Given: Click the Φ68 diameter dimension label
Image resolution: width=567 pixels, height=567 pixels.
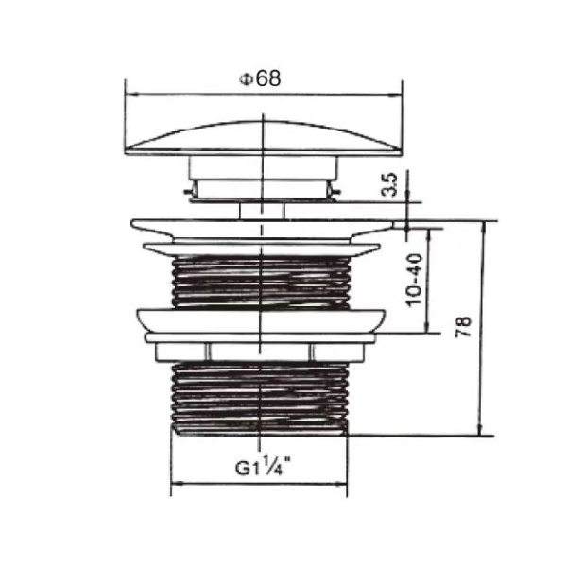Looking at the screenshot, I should (x=260, y=79).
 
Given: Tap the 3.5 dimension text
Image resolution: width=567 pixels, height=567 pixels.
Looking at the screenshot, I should (x=389, y=185).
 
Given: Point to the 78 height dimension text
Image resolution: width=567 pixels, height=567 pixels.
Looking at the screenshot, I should (x=463, y=327).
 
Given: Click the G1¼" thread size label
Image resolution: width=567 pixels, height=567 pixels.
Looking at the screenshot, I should (x=260, y=465).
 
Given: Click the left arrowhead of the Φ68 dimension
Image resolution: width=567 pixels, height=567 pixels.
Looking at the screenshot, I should (x=130, y=94).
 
